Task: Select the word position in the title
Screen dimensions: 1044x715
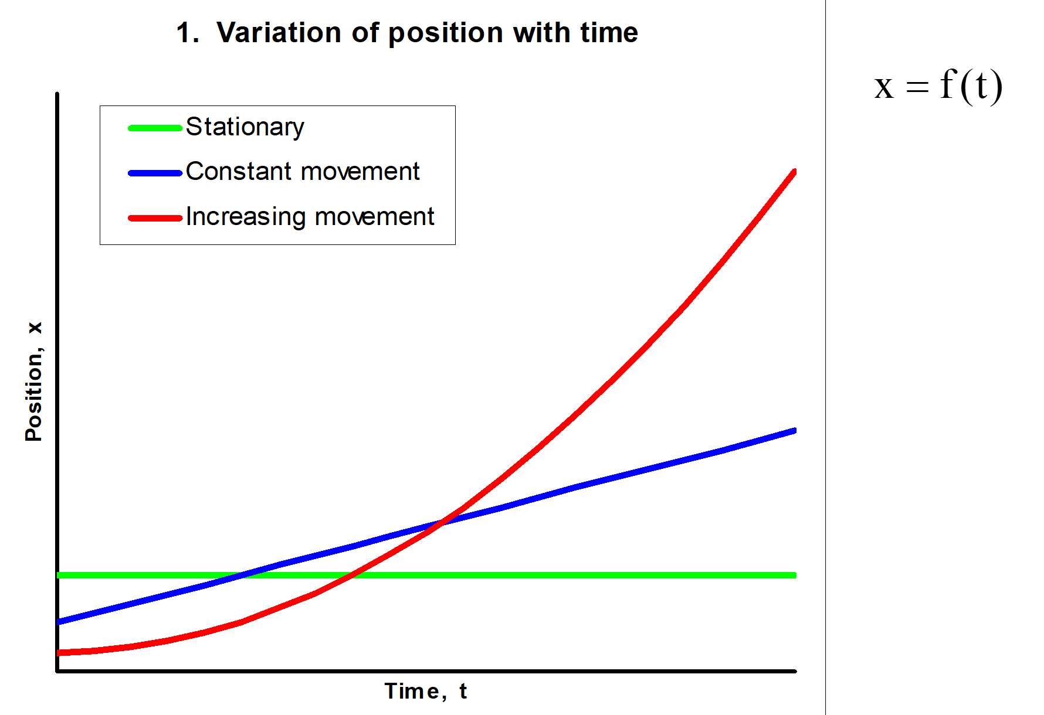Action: [x=446, y=33]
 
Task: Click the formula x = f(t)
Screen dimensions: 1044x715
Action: [x=938, y=86]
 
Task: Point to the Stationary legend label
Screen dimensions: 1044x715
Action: [x=245, y=128]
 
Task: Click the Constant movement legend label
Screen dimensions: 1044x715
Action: [x=303, y=171]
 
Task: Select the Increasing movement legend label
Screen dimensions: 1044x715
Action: [x=310, y=217]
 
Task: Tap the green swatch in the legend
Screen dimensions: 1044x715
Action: [x=155, y=128]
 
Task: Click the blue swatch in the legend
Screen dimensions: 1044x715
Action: [x=155, y=173]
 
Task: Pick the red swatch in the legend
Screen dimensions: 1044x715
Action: [x=155, y=218]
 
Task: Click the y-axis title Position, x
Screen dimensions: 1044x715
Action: [x=34, y=381]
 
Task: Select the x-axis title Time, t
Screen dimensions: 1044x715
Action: [x=426, y=692]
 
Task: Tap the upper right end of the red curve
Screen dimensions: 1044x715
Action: [x=795, y=172]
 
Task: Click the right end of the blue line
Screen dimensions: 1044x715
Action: [x=795, y=431]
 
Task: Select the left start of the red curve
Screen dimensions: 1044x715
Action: [x=58, y=652]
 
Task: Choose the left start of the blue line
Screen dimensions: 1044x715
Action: [x=58, y=621]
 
